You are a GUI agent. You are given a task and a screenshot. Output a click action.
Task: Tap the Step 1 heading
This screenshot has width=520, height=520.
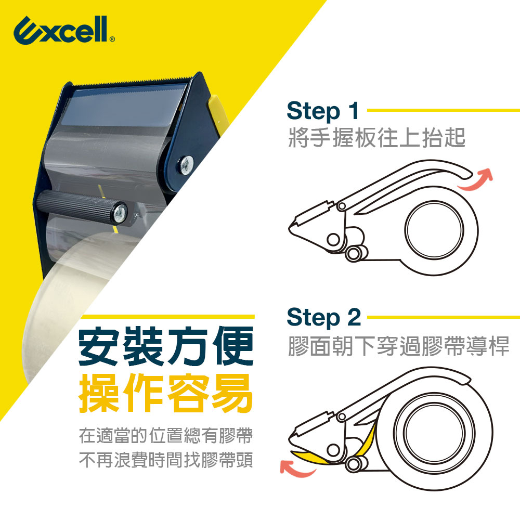tap(323, 111)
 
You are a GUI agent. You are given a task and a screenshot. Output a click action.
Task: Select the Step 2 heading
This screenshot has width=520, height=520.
tap(323, 317)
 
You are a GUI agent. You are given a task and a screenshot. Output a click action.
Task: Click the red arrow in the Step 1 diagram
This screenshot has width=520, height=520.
tap(476, 179)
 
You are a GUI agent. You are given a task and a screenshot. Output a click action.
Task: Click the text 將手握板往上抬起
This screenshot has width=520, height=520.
tap(377, 138)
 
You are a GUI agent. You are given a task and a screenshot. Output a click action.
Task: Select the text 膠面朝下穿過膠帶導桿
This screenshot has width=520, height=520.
tap(398, 346)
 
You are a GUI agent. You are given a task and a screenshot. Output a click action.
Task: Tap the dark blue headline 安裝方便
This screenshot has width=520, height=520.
tap(166, 346)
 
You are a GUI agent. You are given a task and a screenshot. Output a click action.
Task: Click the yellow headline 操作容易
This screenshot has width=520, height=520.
tap(166, 393)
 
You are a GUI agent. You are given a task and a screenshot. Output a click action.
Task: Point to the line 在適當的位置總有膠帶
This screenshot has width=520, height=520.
tap(166, 435)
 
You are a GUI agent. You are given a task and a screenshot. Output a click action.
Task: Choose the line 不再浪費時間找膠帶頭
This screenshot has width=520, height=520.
tap(166, 460)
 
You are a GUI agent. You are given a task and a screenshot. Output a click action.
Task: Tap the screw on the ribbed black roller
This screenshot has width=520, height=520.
tap(120, 213)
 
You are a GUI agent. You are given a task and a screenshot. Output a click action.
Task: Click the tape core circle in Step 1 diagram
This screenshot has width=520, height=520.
tap(434, 230)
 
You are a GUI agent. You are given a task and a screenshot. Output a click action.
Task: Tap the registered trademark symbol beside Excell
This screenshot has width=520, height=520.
tap(112, 39)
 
